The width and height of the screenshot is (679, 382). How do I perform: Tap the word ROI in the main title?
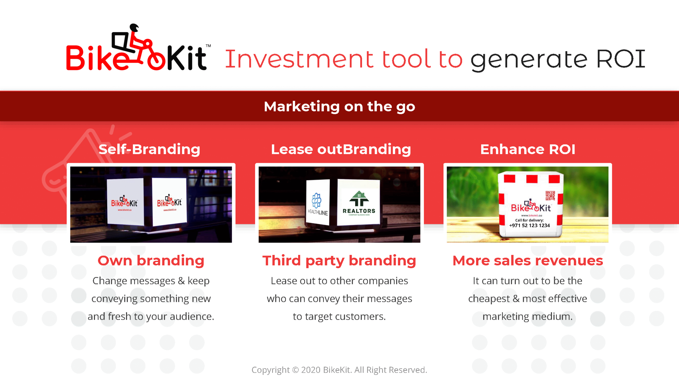point(621,59)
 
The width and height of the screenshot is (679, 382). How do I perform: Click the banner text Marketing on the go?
point(339,107)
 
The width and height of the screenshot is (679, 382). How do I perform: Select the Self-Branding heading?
point(149,149)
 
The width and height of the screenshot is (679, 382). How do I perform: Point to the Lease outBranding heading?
point(341,149)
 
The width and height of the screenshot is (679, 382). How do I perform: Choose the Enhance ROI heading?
point(528,149)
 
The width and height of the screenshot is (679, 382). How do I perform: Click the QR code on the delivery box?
point(550,196)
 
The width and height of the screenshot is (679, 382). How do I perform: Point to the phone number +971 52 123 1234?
point(529,225)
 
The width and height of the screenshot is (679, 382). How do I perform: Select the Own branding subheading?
point(151,261)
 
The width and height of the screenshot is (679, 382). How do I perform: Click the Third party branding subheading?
point(339,261)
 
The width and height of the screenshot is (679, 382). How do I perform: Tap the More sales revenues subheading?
point(528,261)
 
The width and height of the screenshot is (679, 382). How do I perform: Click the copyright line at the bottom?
point(339,370)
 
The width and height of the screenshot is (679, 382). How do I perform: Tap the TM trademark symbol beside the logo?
point(208,46)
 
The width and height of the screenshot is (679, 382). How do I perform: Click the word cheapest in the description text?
point(489,299)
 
